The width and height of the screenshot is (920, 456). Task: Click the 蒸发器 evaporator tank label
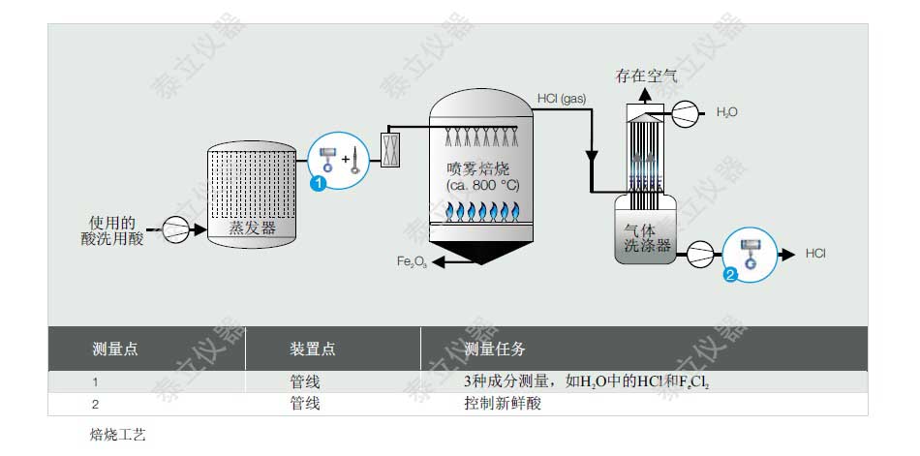click(252, 228)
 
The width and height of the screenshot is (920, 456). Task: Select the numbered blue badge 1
click(317, 183)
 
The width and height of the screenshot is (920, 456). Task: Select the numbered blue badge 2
click(731, 273)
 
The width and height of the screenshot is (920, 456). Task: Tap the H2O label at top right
click(726, 112)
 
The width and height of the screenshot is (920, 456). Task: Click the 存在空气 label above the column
click(647, 75)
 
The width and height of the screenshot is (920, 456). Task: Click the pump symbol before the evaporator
click(176, 230)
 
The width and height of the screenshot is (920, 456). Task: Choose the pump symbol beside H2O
click(686, 112)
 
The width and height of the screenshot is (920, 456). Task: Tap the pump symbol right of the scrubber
click(699, 255)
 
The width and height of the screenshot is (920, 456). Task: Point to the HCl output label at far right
click(815, 254)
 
